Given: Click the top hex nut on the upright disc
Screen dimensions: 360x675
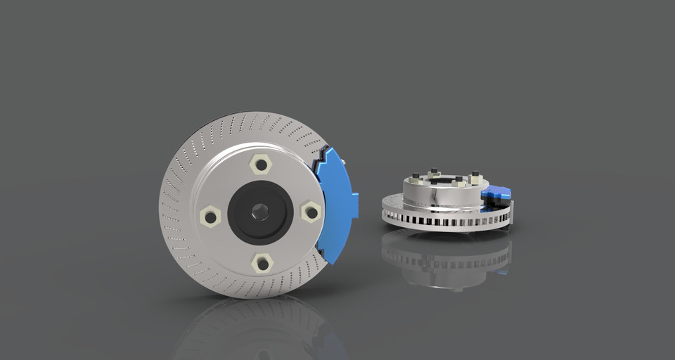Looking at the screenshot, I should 261,165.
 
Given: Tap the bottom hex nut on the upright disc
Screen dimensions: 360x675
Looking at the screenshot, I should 262,263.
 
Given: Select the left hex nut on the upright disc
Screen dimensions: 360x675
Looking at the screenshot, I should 210,215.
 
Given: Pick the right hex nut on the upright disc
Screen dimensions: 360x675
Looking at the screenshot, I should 310,211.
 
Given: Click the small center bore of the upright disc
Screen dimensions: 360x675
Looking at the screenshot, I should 260,211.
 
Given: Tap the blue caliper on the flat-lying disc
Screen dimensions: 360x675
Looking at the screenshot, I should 496,193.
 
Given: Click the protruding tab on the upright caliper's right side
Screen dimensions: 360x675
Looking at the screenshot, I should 354,205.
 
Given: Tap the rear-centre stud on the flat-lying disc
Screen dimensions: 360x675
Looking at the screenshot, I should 435,171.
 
